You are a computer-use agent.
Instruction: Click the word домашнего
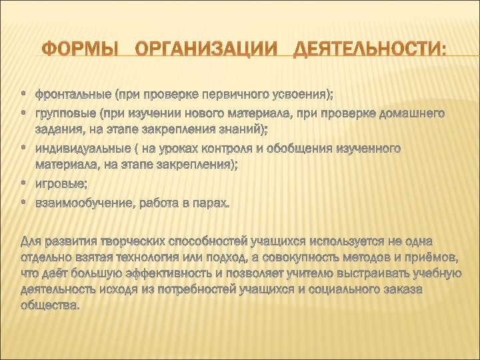point(407,113)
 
